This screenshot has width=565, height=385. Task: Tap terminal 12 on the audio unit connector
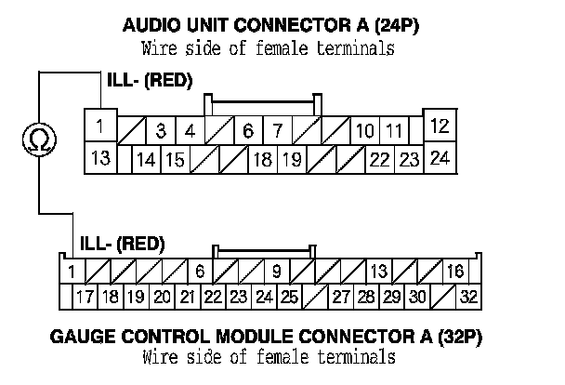[x=440, y=126]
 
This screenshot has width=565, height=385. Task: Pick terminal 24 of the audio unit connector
[x=440, y=157]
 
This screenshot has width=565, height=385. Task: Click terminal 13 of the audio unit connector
[x=99, y=157]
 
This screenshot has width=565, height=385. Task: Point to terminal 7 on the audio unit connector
[x=277, y=130]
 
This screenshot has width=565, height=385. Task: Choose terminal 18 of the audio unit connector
[x=263, y=160]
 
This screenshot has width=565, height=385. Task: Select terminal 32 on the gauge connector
[x=467, y=299]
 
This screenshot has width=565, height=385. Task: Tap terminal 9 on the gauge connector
[x=276, y=272]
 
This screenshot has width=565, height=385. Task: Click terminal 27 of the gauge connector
[x=341, y=299]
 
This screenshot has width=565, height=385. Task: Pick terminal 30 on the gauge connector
[x=417, y=299]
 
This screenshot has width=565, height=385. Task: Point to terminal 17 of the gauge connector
[x=85, y=299]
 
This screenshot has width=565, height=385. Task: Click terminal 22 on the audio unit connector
[x=379, y=160]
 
